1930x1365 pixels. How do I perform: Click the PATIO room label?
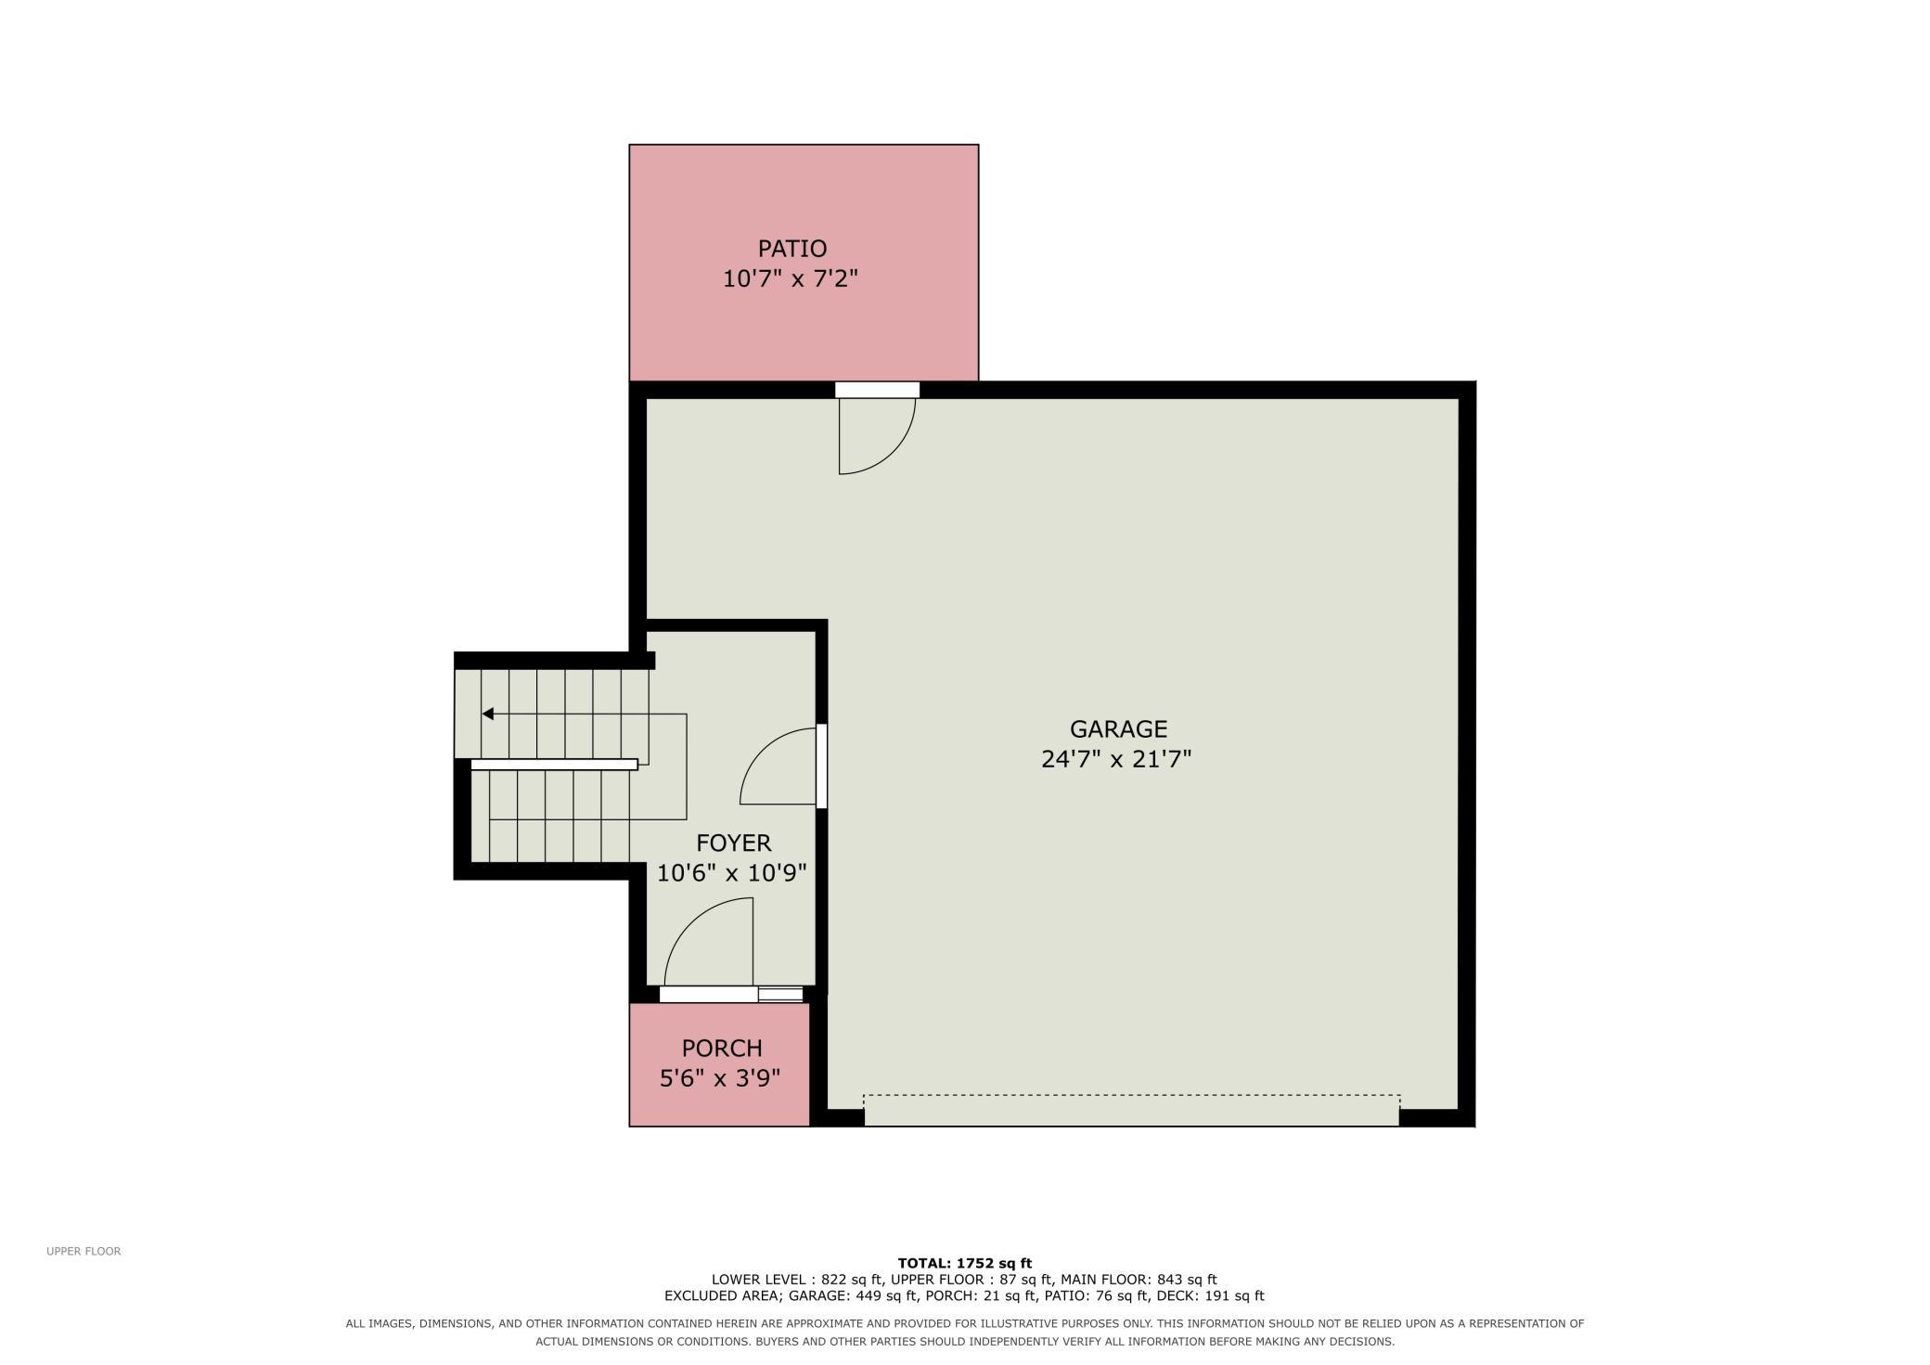(x=791, y=249)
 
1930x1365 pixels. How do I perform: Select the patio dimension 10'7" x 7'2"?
(x=791, y=278)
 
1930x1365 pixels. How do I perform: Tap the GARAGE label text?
(x=1118, y=729)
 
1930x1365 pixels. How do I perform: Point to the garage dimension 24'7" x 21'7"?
(x=1116, y=759)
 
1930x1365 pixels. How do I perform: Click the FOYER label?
(x=734, y=843)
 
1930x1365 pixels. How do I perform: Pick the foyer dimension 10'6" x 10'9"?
(x=732, y=873)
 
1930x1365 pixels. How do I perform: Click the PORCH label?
(x=722, y=1049)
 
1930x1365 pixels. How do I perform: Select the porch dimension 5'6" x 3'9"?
(x=720, y=1078)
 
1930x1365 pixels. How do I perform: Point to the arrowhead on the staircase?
(x=488, y=714)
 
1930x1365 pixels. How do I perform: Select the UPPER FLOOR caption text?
(x=84, y=1251)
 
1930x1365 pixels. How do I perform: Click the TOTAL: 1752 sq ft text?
(x=965, y=1263)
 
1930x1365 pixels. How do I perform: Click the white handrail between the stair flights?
(x=554, y=765)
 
